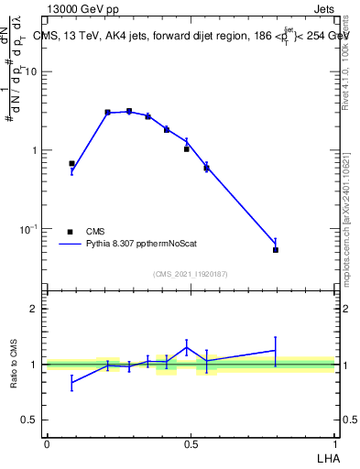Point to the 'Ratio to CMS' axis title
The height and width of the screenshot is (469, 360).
tap(15, 365)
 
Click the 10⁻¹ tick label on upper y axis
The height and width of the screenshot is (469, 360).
tap(30, 228)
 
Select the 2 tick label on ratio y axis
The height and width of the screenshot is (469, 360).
tap(35, 309)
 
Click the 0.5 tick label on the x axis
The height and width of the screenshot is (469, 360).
tap(191, 442)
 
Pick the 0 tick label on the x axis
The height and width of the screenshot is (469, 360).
tap(47, 442)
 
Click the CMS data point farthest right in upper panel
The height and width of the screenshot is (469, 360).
tap(276, 249)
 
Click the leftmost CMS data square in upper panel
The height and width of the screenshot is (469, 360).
tap(71, 164)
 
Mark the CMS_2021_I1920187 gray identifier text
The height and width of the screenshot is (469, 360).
tap(191, 274)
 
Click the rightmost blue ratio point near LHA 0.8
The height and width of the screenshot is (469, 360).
tap(276, 350)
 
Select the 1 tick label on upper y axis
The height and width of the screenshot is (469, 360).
tap(35, 150)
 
